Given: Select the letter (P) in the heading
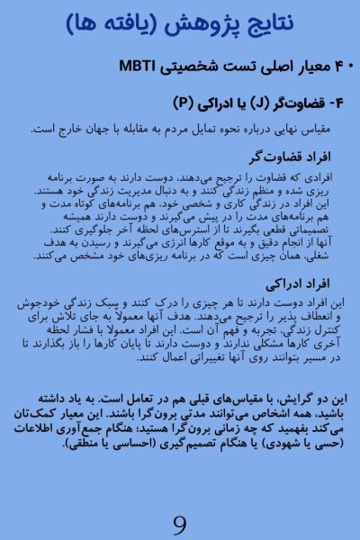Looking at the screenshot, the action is [184, 100].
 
